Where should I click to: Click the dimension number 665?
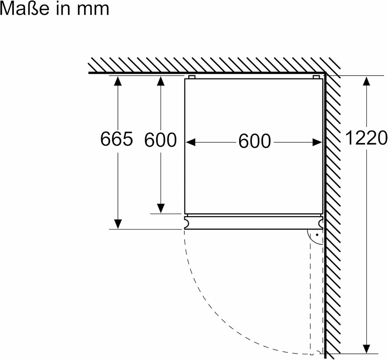click(116, 138)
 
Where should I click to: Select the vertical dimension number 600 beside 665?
click(160, 140)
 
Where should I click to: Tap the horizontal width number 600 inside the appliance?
click(255, 141)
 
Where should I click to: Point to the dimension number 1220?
click(366, 138)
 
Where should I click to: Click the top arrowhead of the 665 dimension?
click(118, 81)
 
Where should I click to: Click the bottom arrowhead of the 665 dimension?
click(118, 224)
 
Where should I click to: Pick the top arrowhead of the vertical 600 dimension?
click(161, 81)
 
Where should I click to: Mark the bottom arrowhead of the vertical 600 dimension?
click(161, 208)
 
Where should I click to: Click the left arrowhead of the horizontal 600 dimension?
click(191, 142)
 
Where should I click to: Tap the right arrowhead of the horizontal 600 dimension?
click(317, 142)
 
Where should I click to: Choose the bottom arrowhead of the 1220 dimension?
click(367, 348)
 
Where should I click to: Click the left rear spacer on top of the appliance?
click(192, 77)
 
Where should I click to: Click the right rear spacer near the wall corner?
click(316, 77)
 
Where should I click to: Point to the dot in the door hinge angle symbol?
click(317, 235)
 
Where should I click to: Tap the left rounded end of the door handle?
click(187, 222)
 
